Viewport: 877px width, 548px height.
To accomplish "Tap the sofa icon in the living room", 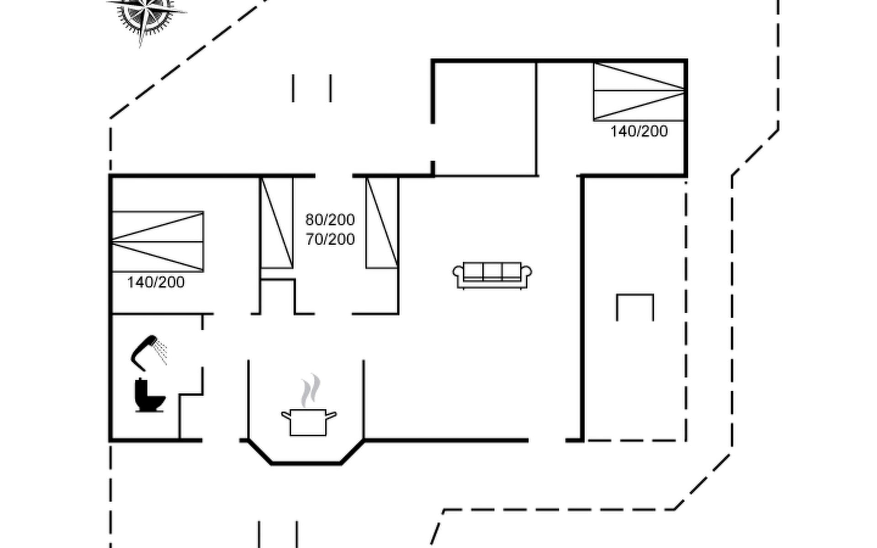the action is click(x=492, y=275).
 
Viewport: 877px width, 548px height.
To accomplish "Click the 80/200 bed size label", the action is click(x=330, y=220).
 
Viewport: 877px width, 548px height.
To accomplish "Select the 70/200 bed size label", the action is click(x=330, y=239).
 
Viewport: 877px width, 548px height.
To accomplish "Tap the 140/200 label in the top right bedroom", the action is click(x=639, y=132).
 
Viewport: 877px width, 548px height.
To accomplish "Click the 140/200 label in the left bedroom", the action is click(x=156, y=282).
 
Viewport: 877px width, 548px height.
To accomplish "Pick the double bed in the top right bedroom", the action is click(x=639, y=91).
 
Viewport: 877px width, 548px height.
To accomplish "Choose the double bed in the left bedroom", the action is click(x=158, y=242).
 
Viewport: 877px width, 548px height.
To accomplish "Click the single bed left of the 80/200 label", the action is click(x=277, y=223).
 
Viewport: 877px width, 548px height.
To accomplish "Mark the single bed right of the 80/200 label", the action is click(x=382, y=223).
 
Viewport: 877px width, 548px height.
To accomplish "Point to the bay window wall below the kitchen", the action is click(x=306, y=463).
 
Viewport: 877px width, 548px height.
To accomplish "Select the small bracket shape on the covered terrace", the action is click(x=635, y=295).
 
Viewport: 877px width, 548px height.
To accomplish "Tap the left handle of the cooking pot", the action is click(x=286, y=415).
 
